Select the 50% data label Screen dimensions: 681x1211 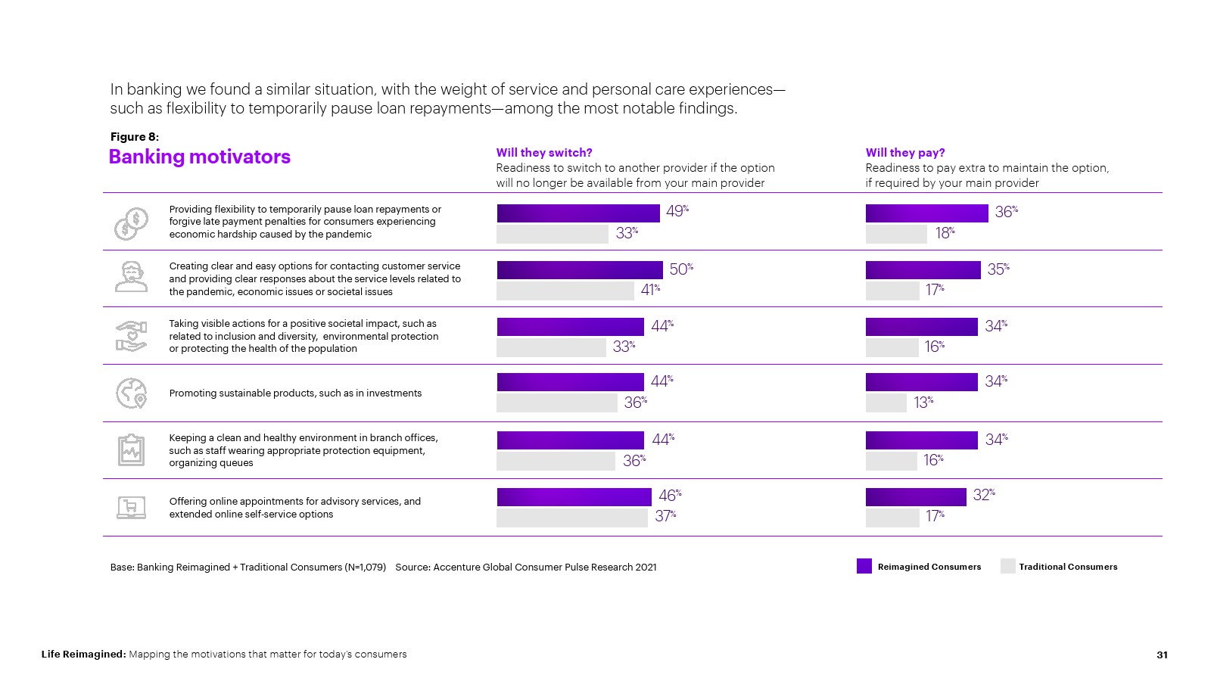click(680, 269)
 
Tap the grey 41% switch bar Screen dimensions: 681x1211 click(565, 291)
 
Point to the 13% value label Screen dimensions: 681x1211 click(923, 403)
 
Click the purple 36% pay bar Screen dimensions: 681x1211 click(926, 213)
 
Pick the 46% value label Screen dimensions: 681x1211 click(669, 496)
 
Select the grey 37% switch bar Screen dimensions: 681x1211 click(571, 518)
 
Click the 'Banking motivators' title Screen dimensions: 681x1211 click(200, 157)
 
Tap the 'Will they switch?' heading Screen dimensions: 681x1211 click(544, 153)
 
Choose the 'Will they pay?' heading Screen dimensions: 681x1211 click(905, 153)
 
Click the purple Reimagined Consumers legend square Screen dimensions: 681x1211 click(864, 566)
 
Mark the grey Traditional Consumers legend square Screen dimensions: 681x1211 click(1007, 566)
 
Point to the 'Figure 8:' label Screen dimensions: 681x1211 click(135, 137)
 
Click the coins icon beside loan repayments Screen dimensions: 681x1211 click(131, 224)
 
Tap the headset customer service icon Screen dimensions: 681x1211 click(131, 277)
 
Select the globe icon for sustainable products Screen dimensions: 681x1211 click(131, 393)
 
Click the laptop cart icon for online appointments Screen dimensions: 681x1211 click(131, 507)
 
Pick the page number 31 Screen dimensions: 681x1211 click(1162, 655)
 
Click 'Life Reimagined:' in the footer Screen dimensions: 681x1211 click(83, 655)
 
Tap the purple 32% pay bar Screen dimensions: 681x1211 click(916, 497)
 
